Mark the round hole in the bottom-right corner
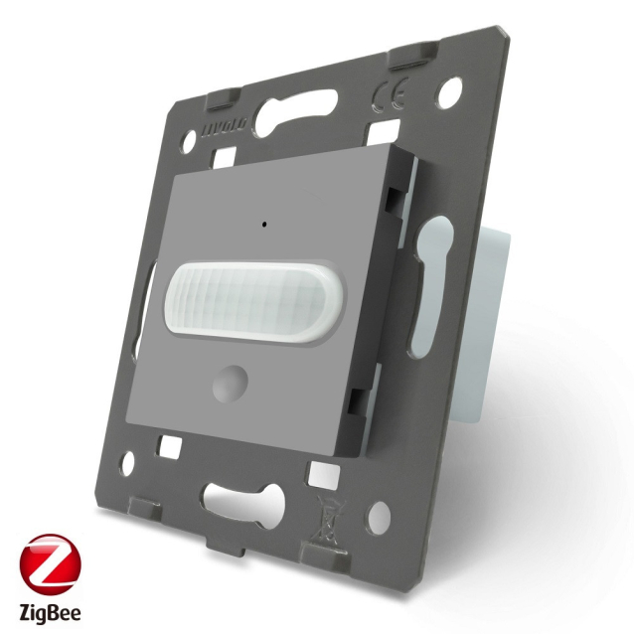[x=381, y=518]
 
